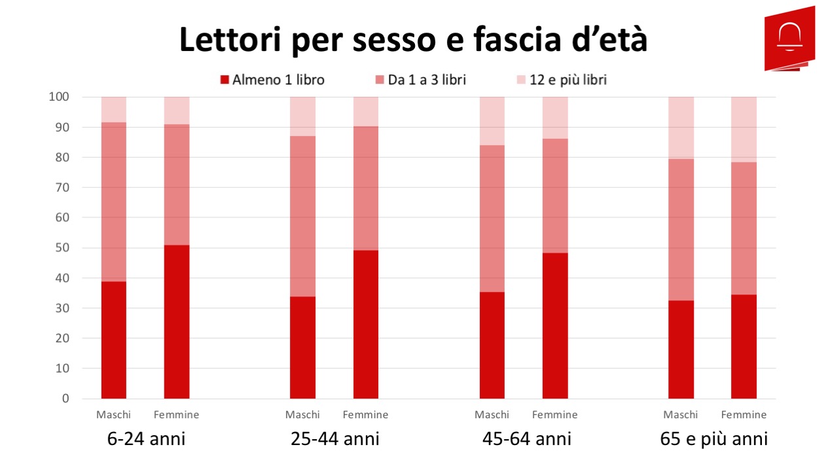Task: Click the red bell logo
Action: pos(789,37)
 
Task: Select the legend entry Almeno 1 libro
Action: pos(272,80)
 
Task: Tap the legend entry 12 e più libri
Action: pos(561,80)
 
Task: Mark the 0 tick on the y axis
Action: pos(65,399)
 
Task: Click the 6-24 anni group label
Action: pos(146,438)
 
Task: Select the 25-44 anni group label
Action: pos(334,438)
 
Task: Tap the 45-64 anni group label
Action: pos(526,438)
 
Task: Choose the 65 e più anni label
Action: pos(713,438)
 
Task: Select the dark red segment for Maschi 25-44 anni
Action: pos(302,348)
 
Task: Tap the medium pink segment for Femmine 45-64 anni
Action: pos(555,196)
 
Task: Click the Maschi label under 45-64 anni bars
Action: pos(492,414)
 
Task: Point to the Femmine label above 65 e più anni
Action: pos(744,414)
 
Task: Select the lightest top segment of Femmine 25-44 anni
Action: pos(366,111)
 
